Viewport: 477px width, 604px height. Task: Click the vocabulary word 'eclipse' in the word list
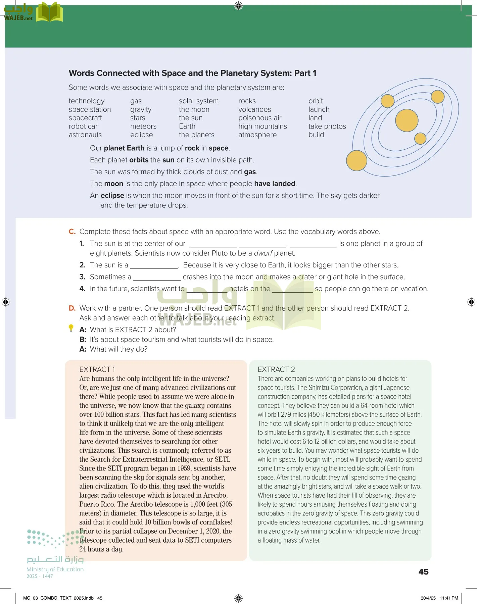coord(141,135)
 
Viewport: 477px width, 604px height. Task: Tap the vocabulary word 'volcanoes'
coord(254,109)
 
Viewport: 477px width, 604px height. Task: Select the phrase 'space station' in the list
coord(90,109)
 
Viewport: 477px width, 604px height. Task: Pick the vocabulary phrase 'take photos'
coord(327,126)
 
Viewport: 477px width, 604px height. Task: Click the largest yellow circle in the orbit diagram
coord(407,121)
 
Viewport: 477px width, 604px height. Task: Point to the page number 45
coord(423,572)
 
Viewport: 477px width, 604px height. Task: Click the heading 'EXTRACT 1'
coord(97,369)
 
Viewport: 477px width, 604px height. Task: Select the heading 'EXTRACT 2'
coord(276,369)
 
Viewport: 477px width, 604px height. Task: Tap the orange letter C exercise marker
coord(72,232)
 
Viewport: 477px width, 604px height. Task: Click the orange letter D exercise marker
coord(72,308)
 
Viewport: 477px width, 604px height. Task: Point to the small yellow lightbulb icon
coord(71,328)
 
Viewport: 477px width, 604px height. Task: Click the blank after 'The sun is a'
coord(154,266)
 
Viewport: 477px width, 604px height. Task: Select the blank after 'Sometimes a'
coord(157,278)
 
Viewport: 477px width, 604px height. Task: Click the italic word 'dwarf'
coord(263,253)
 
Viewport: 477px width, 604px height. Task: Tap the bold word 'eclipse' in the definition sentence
coord(112,196)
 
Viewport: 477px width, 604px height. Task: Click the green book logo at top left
coord(49,12)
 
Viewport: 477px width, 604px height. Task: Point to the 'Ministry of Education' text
coord(55,569)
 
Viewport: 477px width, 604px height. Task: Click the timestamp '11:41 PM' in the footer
coord(448,598)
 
